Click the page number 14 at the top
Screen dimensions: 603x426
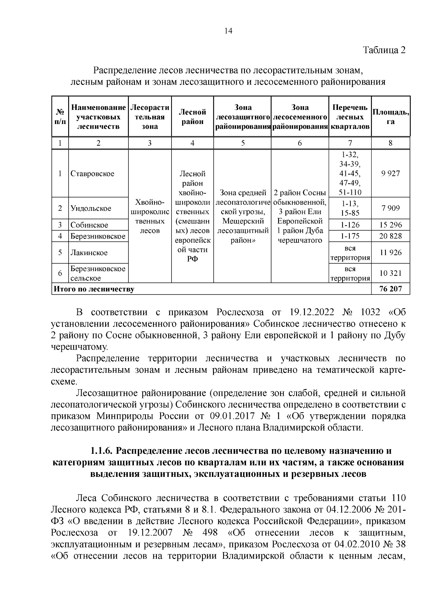(228, 31)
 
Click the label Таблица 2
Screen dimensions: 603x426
(384, 50)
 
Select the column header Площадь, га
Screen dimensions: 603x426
(390, 117)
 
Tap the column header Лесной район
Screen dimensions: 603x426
(192, 117)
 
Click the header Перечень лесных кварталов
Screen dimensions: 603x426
(350, 117)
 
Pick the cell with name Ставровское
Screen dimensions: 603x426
(92, 174)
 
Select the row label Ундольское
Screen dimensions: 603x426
(91, 208)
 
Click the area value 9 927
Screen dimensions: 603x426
(390, 174)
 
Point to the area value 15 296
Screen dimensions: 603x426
(390, 225)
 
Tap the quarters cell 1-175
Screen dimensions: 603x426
(350, 236)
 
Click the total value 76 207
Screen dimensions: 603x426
(390, 289)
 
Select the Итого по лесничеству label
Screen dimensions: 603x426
(94, 289)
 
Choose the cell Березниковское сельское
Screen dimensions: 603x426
(98, 273)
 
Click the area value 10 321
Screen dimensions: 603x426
(390, 273)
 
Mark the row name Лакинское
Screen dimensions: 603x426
(89, 253)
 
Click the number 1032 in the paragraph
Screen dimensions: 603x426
(370, 312)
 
